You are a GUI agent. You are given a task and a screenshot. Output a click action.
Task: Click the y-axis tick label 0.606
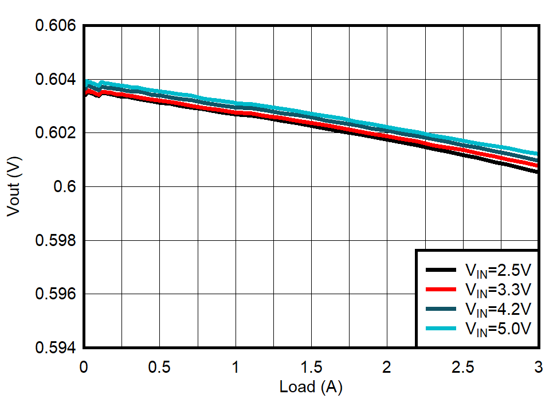pos(56,26)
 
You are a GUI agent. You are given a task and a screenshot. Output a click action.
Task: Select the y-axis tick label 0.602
pos(56,133)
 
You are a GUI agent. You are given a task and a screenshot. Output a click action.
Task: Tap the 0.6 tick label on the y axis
pos(66,187)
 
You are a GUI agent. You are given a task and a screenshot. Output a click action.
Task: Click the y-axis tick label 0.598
pos(56,240)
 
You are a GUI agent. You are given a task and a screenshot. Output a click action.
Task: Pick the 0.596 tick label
pos(56,294)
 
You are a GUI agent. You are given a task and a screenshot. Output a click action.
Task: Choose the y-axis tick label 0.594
pos(56,348)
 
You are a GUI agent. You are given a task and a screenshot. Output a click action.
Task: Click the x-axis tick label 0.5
pos(159,367)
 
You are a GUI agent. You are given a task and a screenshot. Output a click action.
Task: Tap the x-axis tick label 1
pos(236,367)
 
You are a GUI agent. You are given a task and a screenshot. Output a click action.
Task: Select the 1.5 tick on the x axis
pos(311,367)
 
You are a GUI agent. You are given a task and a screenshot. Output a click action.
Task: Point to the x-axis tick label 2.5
pos(463,367)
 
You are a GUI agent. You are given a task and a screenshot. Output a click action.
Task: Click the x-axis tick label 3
pos(538,367)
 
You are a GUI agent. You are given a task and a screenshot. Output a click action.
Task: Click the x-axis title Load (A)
pos(311,388)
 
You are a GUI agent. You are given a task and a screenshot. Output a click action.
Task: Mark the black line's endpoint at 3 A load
pos(538,171)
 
